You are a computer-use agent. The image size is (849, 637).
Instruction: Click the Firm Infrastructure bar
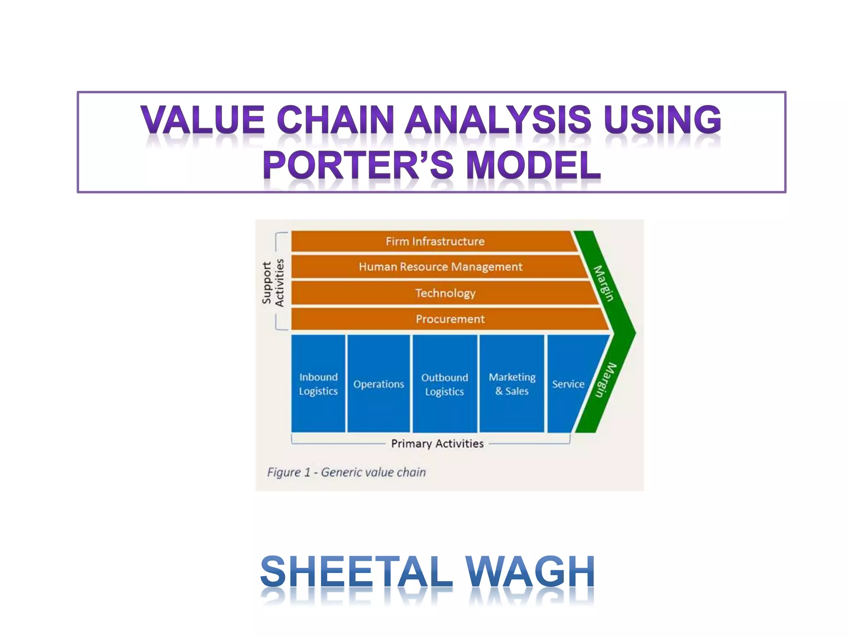(x=435, y=241)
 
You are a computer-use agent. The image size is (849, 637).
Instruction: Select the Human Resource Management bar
(x=440, y=267)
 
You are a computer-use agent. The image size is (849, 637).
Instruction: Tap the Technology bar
(x=445, y=293)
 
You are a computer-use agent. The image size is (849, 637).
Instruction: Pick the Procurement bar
(x=450, y=319)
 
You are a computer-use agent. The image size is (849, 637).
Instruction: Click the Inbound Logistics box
(x=318, y=384)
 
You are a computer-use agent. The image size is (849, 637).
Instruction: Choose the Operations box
(x=378, y=384)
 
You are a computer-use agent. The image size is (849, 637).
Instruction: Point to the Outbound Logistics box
(x=445, y=384)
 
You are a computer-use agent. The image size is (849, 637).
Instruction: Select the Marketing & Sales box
(x=512, y=384)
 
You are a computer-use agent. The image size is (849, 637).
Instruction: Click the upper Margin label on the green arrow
(x=604, y=283)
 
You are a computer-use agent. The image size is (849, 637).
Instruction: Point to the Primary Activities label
(x=437, y=444)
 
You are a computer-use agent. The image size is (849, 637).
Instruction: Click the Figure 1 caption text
(x=347, y=472)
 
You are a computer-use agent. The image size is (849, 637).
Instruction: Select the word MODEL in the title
(x=534, y=165)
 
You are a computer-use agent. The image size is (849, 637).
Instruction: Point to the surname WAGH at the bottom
(x=530, y=572)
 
